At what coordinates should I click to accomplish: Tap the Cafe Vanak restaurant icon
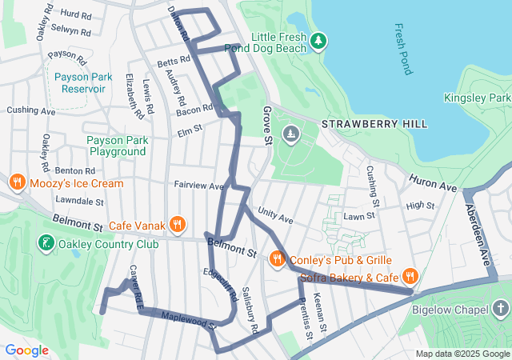pos(178,225)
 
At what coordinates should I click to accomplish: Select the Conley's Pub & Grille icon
pos(277,258)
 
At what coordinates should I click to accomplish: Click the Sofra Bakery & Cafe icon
pos(409,277)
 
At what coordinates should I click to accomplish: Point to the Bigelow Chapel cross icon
pos(500,309)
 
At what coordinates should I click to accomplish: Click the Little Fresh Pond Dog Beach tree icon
pos(318,40)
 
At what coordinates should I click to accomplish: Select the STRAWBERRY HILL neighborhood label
pos(374,125)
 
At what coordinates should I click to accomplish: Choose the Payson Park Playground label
pos(117,146)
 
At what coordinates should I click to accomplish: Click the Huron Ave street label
pos(433,184)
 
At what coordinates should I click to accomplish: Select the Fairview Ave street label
pos(199,185)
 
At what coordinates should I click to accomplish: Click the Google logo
pos(27,350)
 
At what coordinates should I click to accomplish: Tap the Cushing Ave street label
pos(30,110)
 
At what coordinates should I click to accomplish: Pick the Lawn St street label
pos(359,216)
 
